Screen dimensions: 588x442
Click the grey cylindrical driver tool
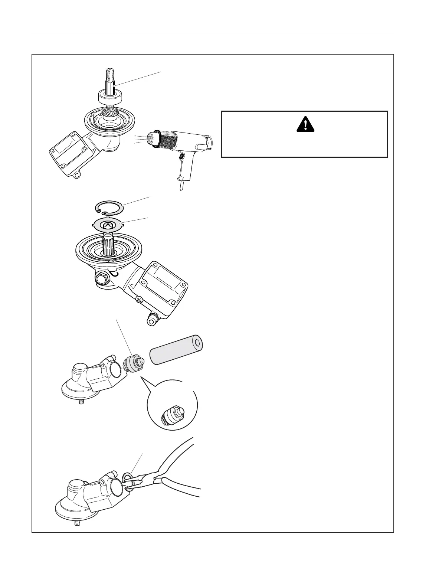pos(177,349)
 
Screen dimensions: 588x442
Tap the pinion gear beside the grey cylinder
pos(133,363)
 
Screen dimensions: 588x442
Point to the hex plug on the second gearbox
pos(102,278)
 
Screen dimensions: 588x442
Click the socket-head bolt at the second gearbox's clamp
pos(153,318)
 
